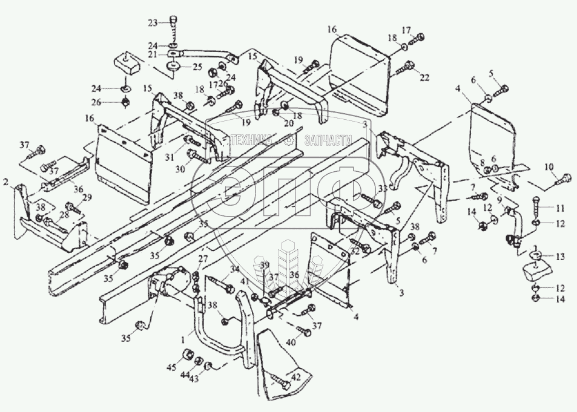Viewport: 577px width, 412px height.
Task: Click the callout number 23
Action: (153, 22)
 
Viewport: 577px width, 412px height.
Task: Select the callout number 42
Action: (295, 378)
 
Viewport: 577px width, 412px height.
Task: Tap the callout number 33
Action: (382, 189)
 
